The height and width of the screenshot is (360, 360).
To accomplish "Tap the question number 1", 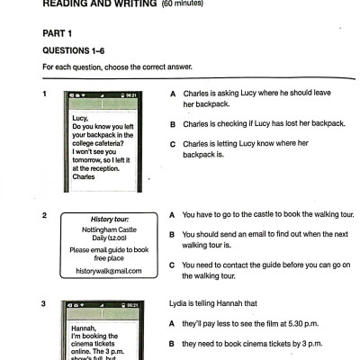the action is click(x=45, y=94).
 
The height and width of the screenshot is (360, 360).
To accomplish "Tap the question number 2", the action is click(x=45, y=216).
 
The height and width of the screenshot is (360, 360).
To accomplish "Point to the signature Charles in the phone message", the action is click(x=84, y=177).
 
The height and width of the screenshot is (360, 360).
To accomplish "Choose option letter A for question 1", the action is click(x=172, y=94).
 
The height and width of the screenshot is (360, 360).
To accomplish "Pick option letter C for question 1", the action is click(x=172, y=144).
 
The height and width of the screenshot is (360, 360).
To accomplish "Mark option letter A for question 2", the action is click(x=172, y=216).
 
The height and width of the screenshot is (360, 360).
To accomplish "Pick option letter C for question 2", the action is click(x=172, y=265).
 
